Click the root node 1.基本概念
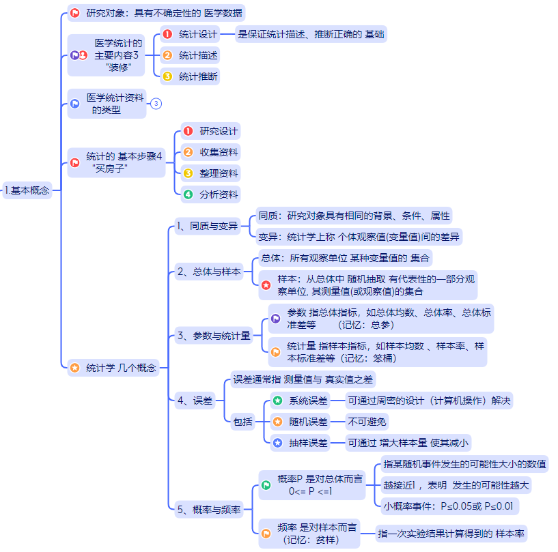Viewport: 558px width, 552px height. [x=27, y=190]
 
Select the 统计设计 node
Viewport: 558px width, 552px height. [x=198, y=34]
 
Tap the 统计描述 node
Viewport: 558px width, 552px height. [x=198, y=55]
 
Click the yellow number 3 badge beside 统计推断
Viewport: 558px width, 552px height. [x=167, y=76]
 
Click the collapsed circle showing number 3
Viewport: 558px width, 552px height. [x=156, y=104]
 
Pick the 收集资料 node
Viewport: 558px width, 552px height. [x=219, y=152]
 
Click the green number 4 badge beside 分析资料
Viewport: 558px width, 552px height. [x=188, y=194]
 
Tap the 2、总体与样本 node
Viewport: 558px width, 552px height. [x=208, y=272]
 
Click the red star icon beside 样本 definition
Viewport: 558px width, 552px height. [x=266, y=286]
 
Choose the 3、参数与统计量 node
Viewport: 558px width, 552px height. [x=214, y=335]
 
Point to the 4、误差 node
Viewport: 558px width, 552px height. [x=194, y=401]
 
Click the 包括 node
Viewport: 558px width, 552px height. [x=242, y=422]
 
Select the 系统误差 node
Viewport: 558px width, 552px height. [x=308, y=401]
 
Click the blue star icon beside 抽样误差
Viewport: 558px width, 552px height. [x=277, y=443]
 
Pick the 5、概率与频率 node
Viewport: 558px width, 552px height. [x=208, y=509]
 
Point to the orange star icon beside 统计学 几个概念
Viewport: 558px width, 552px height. [x=74, y=368]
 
